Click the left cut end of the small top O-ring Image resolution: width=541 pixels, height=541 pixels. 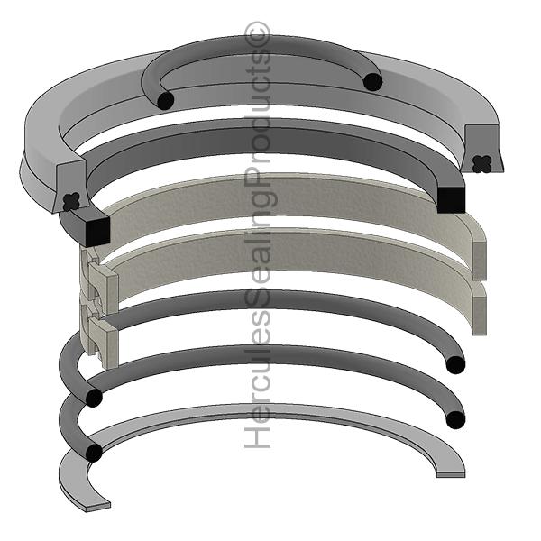(x=164, y=100)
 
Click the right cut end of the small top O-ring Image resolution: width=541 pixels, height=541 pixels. (x=372, y=82)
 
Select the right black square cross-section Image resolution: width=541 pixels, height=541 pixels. (x=451, y=199)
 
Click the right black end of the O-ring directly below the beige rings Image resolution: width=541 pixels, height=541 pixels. (x=455, y=364)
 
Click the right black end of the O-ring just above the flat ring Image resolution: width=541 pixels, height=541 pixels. (x=456, y=419)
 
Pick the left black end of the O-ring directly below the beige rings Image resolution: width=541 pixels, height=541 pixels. (x=93, y=397)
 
